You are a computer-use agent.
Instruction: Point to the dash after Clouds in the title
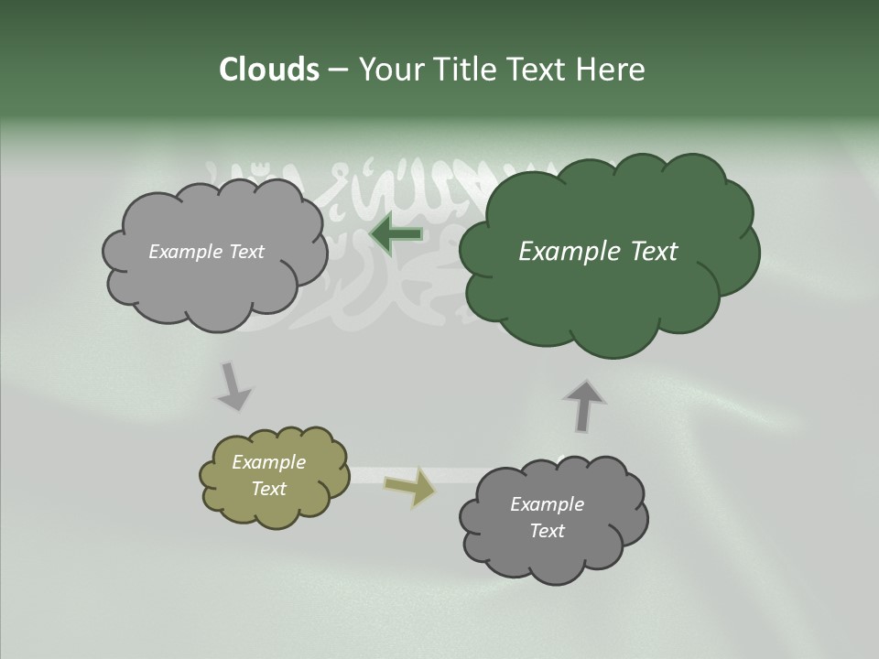337,70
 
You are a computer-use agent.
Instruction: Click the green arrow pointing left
396,233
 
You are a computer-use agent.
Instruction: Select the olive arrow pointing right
409,488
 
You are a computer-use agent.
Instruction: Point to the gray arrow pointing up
584,405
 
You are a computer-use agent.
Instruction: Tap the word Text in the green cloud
654,252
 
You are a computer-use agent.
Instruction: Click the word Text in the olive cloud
268,489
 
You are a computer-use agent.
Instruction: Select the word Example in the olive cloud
268,462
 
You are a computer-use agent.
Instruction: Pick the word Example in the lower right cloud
547,504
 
